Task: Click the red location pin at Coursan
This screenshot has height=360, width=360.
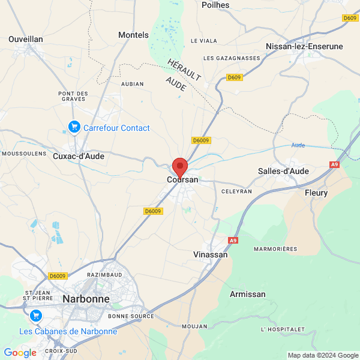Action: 180,167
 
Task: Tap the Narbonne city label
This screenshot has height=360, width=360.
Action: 86,298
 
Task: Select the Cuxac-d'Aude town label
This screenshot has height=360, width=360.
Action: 79,156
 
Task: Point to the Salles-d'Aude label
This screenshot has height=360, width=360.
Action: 283,171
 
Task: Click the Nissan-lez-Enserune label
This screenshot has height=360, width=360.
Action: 305,46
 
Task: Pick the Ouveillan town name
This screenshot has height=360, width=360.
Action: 26,39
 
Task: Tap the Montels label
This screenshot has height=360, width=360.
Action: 133,35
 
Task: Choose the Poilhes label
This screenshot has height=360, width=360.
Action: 215,5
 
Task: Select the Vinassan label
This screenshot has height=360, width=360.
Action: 211,254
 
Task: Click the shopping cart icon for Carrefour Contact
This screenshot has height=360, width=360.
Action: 74,127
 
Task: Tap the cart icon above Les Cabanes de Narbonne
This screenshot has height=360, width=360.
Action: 35,316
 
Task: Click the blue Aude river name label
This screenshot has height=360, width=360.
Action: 298,145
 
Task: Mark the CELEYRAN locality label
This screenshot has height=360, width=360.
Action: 237,191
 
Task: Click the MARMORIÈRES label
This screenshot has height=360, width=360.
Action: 276,248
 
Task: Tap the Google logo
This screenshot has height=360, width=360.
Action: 20,353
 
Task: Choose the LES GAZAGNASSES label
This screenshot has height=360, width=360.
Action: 232,58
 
